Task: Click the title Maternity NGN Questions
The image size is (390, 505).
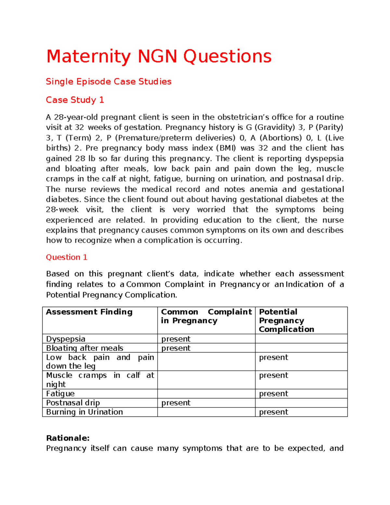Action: point(159,57)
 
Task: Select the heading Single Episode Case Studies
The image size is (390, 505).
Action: point(109,81)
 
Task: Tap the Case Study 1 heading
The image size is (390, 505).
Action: point(75,100)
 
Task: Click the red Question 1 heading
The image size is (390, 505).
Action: point(67,257)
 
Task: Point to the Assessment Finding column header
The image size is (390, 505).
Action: point(89,312)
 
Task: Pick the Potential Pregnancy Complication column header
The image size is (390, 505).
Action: point(286,320)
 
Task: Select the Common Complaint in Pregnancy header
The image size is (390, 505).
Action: point(206,316)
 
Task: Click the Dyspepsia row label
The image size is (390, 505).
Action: point(66,339)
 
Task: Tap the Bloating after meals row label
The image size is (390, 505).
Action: point(84,348)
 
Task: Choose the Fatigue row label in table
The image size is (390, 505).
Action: point(60,393)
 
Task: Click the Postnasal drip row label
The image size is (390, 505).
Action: point(73,403)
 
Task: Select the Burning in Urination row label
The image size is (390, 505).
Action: point(84,412)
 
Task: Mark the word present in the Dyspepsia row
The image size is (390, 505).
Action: point(176,339)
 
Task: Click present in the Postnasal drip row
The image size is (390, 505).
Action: point(176,403)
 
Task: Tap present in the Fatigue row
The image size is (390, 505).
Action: point(273,393)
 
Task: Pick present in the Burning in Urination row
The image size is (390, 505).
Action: point(273,412)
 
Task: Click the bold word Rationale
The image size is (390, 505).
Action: point(68,438)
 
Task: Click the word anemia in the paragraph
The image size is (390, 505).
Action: point(264,189)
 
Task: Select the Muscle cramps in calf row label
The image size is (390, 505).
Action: point(99,379)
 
